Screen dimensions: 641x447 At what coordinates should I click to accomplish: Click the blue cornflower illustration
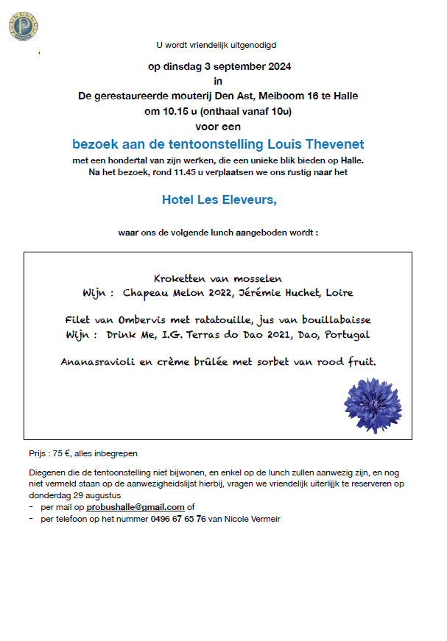point(373,404)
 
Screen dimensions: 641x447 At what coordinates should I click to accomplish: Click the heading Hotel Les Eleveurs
point(219,199)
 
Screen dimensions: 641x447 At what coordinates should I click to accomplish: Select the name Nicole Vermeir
point(255,518)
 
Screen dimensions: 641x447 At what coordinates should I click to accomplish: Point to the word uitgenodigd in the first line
point(254,44)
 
